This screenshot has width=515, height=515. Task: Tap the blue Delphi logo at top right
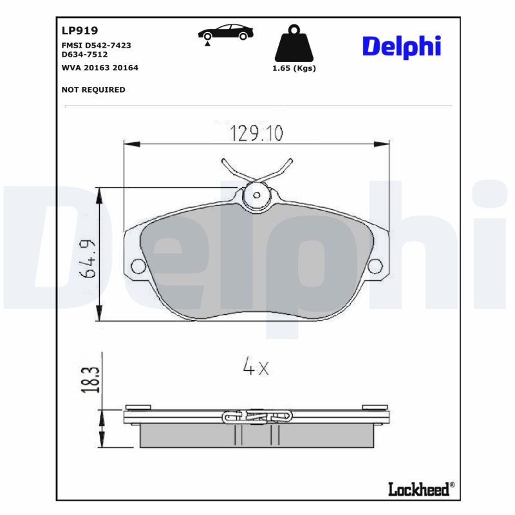(x=402, y=46)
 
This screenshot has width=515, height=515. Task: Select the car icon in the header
(x=224, y=33)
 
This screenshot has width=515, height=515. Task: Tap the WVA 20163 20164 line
(x=100, y=67)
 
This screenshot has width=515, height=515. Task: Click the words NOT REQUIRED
(x=93, y=89)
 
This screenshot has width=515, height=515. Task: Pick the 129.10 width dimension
(x=257, y=133)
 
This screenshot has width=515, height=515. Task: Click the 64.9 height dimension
(x=88, y=258)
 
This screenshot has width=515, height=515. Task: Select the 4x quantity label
(x=255, y=368)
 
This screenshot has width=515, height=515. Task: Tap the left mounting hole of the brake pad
(x=137, y=266)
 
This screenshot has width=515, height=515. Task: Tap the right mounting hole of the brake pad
(x=376, y=266)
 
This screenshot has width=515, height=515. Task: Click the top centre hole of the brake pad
(x=257, y=194)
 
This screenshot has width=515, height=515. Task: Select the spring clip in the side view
(x=256, y=417)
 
